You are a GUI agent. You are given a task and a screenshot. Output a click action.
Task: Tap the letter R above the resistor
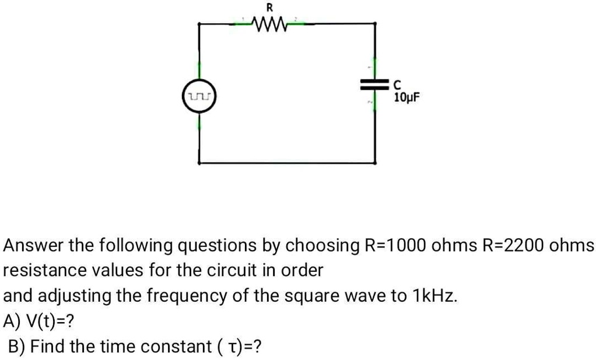tap(269, 8)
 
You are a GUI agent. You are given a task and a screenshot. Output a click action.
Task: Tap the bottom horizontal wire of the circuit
tap(286, 163)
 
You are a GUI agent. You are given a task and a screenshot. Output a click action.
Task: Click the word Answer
tap(33, 246)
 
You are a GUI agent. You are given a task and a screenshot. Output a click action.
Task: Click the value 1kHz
tap(434, 296)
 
